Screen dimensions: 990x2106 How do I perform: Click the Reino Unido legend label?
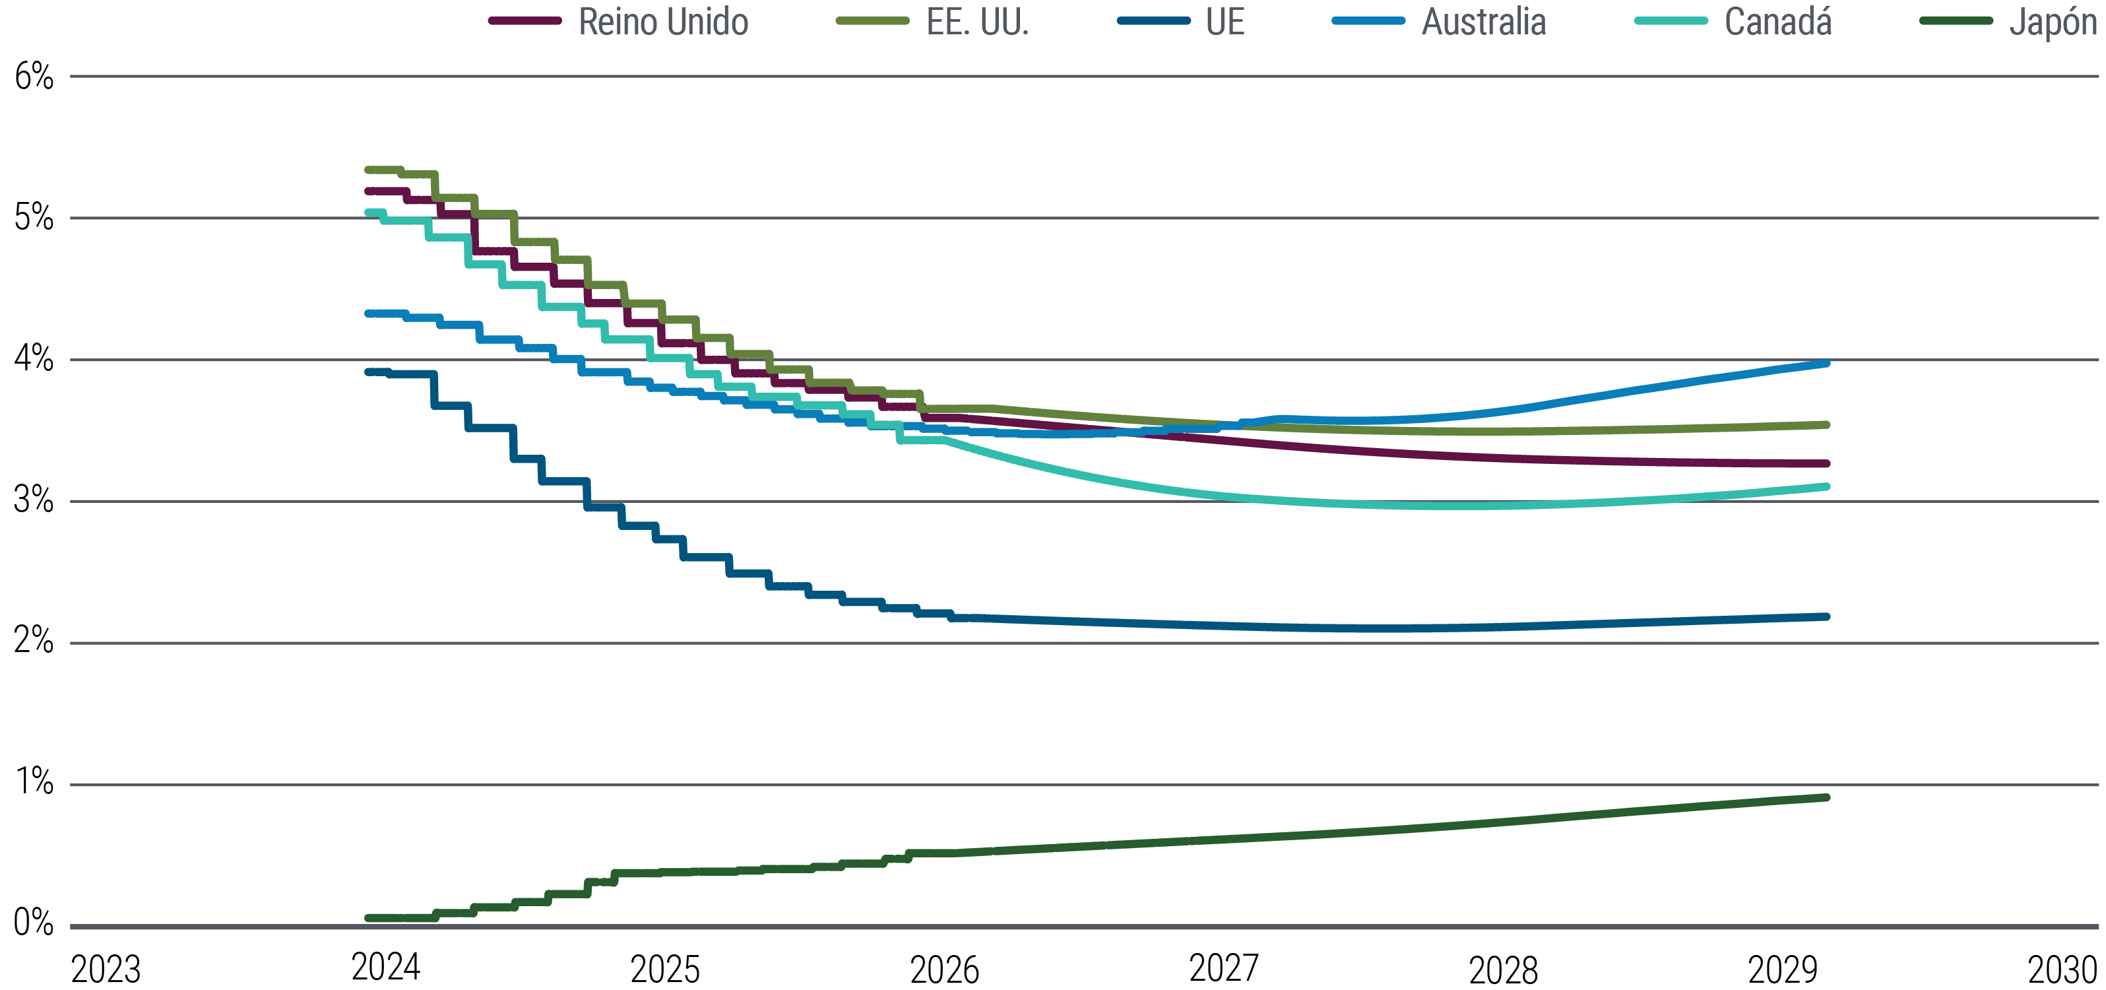click(x=663, y=22)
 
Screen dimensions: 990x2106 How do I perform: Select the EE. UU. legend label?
click(x=977, y=22)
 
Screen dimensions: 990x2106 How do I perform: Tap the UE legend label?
click(x=1225, y=22)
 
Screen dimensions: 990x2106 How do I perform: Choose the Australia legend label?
click(x=1484, y=22)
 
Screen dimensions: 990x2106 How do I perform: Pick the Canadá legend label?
click(x=1777, y=22)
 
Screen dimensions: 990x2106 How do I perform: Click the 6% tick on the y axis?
click(x=34, y=78)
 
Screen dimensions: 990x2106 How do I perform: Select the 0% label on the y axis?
click(x=34, y=924)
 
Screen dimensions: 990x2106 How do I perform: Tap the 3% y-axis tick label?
click(x=34, y=500)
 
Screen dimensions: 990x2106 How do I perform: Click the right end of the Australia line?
click(x=1826, y=363)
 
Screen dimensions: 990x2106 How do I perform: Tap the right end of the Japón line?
click(x=1826, y=797)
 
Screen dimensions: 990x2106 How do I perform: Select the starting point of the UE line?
click(x=368, y=372)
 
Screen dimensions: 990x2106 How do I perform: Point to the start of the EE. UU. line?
click(x=368, y=170)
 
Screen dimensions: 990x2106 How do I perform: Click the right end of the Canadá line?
click(x=1826, y=486)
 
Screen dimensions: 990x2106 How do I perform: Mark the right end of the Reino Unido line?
click(x=1826, y=463)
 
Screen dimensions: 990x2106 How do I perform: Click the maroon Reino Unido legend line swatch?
click(x=525, y=20)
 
